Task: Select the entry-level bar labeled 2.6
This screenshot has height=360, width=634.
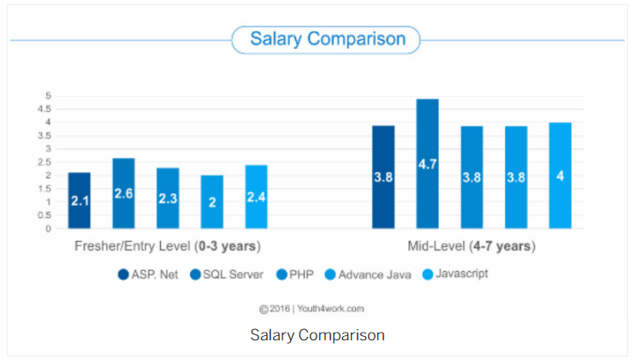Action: point(123,193)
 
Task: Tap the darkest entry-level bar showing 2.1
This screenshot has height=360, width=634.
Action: point(80,200)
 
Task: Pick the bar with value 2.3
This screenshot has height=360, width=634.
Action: point(168,198)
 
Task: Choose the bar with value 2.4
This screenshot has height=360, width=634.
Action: point(257,197)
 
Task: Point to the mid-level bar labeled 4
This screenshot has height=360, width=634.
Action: point(560,175)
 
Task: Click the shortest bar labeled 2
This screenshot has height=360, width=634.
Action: point(212,202)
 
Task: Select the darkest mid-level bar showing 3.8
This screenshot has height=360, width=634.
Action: point(383,177)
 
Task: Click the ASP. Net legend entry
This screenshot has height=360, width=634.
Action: point(149,275)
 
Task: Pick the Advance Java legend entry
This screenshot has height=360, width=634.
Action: point(367,275)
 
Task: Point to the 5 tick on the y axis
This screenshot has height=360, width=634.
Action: point(48,96)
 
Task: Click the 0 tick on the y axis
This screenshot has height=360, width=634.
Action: point(48,228)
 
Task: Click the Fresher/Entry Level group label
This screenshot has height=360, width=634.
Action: point(166,246)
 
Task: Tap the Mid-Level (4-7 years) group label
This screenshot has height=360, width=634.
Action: point(471,246)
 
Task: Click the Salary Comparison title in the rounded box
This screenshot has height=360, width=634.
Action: point(326,39)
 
